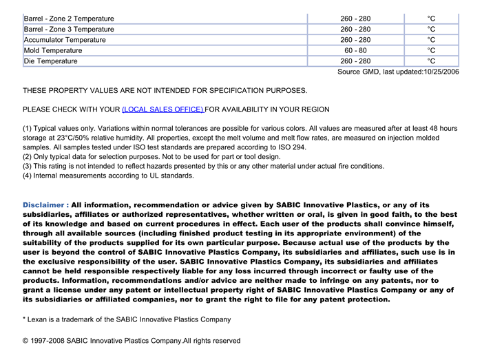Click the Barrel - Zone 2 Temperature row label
pyautogui.click(x=69, y=19)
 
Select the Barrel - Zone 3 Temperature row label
pyautogui.click(x=69, y=29)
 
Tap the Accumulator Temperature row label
pyautogui.click(x=65, y=40)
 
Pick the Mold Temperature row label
pyautogui.click(x=53, y=50)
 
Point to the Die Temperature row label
pyautogui.click(x=51, y=61)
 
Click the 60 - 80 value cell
pyautogui.click(x=355, y=50)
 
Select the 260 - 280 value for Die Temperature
pyautogui.click(x=355, y=61)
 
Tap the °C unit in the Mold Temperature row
pyautogui.click(x=431, y=50)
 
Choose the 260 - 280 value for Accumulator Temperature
pyautogui.click(x=355, y=40)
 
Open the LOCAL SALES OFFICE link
pyautogui.click(x=163, y=109)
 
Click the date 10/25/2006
pyautogui.click(x=441, y=72)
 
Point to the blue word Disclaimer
pyautogui.click(x=45, y=205)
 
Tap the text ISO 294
pyautogui.click(x=291, y=147)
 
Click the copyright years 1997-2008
pyautogui.click(x=49, y=341)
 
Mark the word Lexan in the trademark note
pyautogui.click(x=38, y=319)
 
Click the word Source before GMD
pyautogui.click(x=349, y=72)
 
